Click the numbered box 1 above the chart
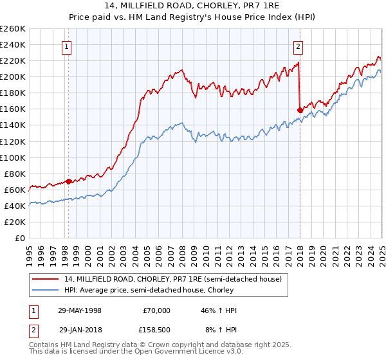[x=68, y=46]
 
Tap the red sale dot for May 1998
[x=69, y=181]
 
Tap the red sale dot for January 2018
[x=300, y=110]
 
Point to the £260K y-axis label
[x=13, y=29]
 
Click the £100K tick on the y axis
[x=13, y=157]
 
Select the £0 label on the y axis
[x=21, y=238]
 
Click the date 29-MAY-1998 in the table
[x=80, y=310]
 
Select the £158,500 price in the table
[x=154, y=330]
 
